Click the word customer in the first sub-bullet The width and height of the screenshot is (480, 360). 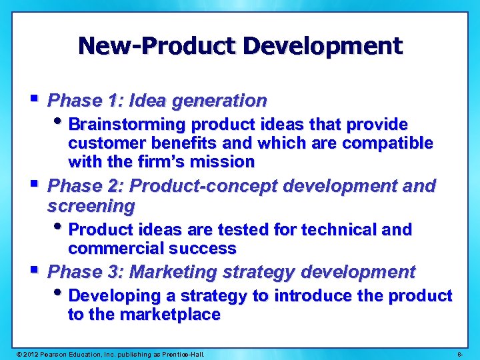pos(101,143)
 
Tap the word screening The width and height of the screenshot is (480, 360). pos(91,205)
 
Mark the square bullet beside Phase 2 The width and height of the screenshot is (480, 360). pos(35,183)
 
